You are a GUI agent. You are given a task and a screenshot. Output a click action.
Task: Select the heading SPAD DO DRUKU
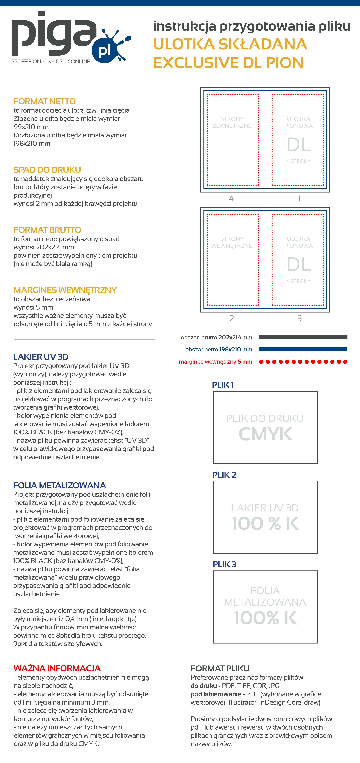point(47,170)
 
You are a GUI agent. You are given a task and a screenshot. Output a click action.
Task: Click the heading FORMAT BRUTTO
point(47,230)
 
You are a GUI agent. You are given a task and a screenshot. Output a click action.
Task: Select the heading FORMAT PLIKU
point(220,669)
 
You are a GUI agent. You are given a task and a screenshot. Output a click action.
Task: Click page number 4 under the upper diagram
point(232,198)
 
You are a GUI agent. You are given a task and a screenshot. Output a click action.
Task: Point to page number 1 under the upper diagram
point(299,198)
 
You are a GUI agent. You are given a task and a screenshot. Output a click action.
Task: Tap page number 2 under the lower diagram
point(232,318)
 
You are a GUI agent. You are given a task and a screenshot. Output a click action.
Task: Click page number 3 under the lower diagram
point(299,318)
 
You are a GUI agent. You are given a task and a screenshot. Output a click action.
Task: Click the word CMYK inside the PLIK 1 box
point(265,434)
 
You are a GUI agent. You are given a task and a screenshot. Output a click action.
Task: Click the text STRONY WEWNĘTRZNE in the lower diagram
point(232,242)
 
